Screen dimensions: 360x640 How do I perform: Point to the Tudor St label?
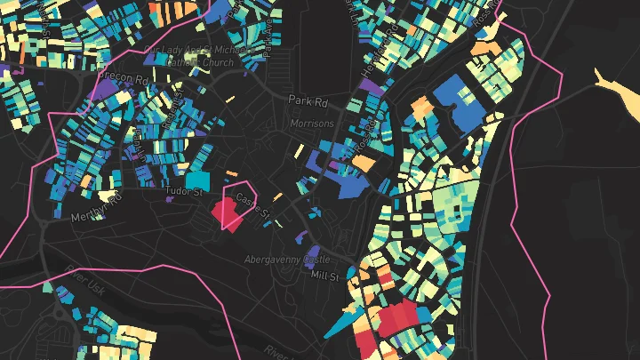[185, 188]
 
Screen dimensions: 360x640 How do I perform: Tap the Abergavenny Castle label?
[287, 260]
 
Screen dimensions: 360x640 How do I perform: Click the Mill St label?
[325, 276]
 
